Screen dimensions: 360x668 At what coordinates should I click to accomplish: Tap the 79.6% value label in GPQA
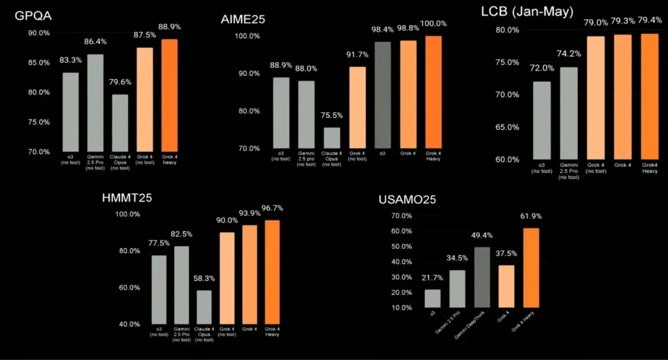119,82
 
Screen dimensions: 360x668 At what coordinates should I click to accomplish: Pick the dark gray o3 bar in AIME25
383,95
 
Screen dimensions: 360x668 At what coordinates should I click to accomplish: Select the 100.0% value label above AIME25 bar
434,23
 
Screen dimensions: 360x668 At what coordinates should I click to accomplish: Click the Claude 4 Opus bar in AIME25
332,138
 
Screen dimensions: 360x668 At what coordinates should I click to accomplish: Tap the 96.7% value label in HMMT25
272,208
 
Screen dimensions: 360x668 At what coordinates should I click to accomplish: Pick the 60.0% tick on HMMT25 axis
127,288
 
